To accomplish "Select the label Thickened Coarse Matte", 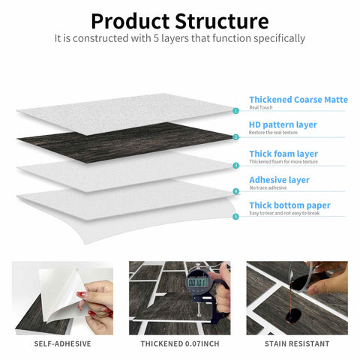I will point(298,99).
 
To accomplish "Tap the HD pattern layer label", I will point(283,124).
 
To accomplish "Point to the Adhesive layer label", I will point(279,180).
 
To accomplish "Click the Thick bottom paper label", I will point(289,205).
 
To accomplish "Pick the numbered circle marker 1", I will point(235,110).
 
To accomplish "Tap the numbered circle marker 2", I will point(235,137).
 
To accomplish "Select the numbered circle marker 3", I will point(235,165).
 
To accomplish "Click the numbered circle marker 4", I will point(235,191).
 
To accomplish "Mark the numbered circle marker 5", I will point(235,217).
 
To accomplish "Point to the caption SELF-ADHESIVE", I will point(63,343).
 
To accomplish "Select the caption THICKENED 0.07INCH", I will point(180,343).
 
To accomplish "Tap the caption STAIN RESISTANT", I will point(297,343).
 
